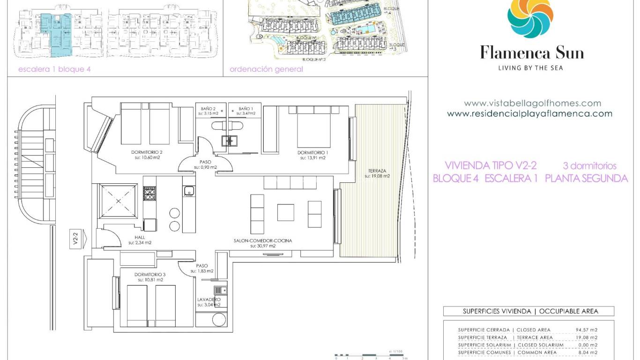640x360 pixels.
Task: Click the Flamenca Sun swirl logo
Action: (532, 18)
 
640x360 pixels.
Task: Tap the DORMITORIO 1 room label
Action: (312, 153)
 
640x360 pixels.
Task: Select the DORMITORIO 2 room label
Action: (148, 153)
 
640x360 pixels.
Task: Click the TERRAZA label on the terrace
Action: (377, 171)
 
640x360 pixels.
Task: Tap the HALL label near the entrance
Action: (140, 238)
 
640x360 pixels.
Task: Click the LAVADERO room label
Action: (208, 299)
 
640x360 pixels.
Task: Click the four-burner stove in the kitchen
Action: (149, 193)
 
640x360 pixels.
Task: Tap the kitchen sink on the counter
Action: (189, 190)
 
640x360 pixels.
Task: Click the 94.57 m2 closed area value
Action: (587, 330)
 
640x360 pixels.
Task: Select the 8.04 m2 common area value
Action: (588, 352)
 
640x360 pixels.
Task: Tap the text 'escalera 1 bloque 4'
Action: (54, 69)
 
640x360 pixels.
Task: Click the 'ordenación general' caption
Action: (266, 69)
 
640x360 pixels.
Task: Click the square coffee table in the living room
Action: (285, 212)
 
